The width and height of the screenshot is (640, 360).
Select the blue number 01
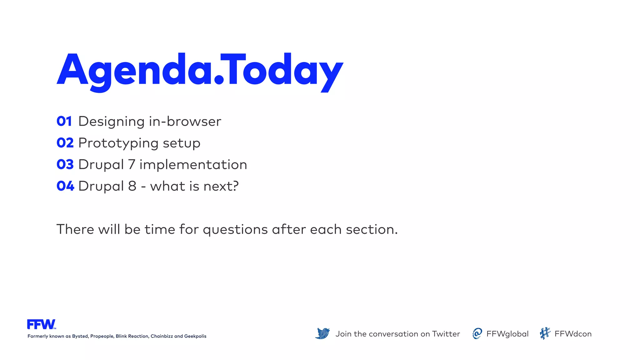[x=64, y=122]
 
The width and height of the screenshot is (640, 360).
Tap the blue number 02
[x=65, y=143]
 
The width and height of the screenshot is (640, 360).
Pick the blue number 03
[x=65, y=165]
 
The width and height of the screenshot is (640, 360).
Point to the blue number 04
[x=65, y=186]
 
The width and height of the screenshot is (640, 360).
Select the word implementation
[x=193, y=165]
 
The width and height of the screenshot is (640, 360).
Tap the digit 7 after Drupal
[x=132, y=165]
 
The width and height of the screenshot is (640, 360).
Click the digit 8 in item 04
[x=132, y=186]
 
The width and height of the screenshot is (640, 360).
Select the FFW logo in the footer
[x=41, y=324]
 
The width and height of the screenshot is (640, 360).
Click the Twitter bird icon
[x=322, y=333]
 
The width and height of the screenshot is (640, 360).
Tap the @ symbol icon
[x=477, y=333]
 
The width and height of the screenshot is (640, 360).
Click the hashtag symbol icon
[x=545, y=333]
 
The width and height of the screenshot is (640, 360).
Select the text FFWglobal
[x=507, y=334]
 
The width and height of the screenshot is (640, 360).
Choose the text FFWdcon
[x=573, y=334]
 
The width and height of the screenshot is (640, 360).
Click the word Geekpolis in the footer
[x=195, y=336]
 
